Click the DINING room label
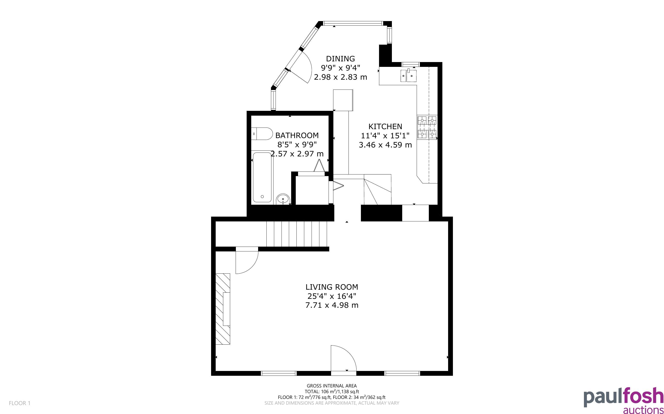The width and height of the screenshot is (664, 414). [x=340, y=59]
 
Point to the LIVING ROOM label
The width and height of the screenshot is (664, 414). [x=332, y=287]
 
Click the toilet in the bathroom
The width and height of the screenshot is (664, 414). [x=262, y=134]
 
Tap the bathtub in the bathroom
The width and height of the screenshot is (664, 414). [x=262, y=177]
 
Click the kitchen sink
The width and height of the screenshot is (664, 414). [x=409, y=76]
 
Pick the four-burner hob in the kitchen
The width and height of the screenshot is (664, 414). [x=427, y=127]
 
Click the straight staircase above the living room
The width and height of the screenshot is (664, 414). [x=297, y=234]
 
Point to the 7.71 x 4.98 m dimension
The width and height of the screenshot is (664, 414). [x=332, y=305]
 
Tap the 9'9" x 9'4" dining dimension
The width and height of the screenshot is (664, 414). [x=340, y=68]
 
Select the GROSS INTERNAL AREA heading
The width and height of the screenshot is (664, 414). [x=332, y=386]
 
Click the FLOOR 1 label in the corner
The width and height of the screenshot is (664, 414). [x=20, y=403]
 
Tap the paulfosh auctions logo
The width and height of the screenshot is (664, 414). [x=623, y=400]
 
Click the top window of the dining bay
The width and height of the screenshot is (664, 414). [x=353, y=24]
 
